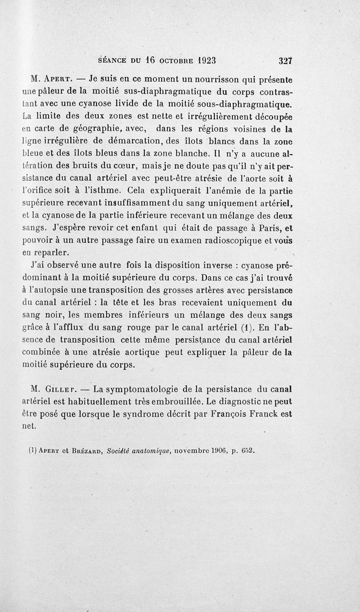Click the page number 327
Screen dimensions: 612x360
click(x=285, y=61)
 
